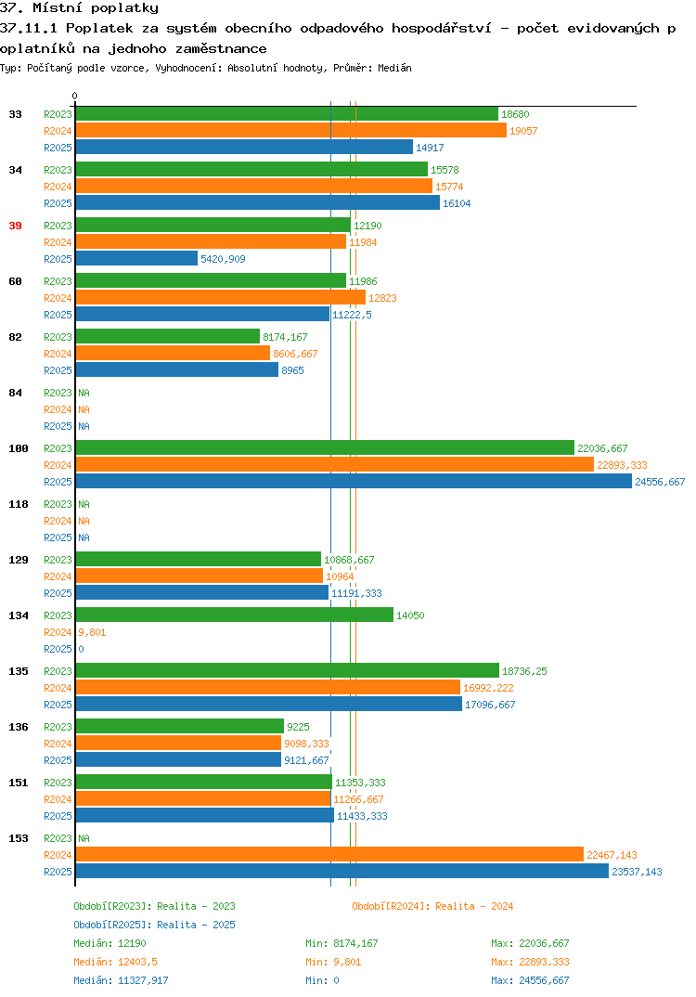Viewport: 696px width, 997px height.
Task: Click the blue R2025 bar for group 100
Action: pos(354,482)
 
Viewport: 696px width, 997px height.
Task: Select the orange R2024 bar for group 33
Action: pos(291,130)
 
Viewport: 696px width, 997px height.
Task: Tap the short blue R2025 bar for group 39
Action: pos(136,258)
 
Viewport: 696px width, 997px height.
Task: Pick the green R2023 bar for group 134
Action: pos(235,615)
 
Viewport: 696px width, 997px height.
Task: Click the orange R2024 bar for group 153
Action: pos(329,855)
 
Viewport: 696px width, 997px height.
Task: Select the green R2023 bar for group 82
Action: pos(168,336)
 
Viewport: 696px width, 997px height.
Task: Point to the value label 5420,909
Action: pos(223,259)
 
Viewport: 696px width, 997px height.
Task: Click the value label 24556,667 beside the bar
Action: pos(660,482)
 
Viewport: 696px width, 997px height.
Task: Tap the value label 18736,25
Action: pos(524,671)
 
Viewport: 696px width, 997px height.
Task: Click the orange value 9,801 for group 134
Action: pos(92,632)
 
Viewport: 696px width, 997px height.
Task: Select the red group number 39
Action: pos(15,226)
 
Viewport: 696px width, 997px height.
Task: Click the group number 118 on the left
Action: pos(19,504)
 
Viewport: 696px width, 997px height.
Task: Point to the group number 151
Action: pos(19,783)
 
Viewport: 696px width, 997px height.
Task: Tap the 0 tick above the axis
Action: pos(74,96)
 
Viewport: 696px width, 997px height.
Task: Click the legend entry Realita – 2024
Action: pos(432,906)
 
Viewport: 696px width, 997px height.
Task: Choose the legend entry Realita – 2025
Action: pos(154,925)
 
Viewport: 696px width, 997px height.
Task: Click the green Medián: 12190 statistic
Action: pos(110,943)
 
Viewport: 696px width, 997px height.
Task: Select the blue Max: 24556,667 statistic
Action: pos(530,980)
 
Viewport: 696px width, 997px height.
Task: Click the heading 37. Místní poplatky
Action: pos(80,8)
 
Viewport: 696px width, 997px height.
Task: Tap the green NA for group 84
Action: pos(84,393)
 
